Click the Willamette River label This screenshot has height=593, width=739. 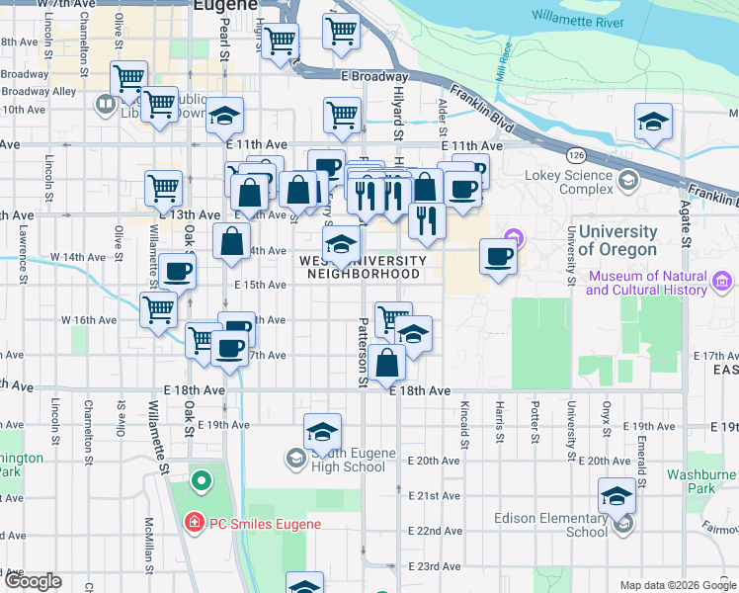tap(578, 18)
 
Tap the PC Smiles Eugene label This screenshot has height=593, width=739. tap(263, 523)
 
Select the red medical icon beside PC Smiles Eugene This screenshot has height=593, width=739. tap(195, 523)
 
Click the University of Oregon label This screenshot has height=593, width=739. tap(617, 240)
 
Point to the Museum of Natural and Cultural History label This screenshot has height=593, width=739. tap(647, 283)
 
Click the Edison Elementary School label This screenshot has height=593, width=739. tap(560, 525)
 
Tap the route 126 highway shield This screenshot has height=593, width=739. tap(575, 155)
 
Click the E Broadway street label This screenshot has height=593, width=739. tap(374, 77)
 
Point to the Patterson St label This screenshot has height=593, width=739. tap(363, 352)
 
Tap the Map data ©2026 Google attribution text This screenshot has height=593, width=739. tap(677, 585)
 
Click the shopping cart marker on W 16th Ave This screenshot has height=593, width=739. tap(159, 308)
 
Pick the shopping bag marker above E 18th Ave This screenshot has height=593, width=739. tap(389, 363)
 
